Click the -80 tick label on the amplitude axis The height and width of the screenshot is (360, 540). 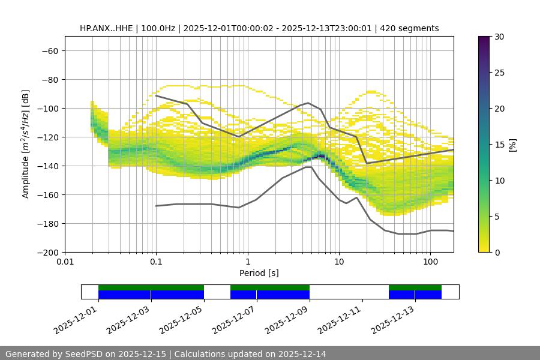coord(49,79)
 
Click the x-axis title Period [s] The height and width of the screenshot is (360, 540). coord(259,274)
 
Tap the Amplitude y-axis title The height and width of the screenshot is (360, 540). coord(26,144)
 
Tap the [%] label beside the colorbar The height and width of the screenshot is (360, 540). coord(514,145)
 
